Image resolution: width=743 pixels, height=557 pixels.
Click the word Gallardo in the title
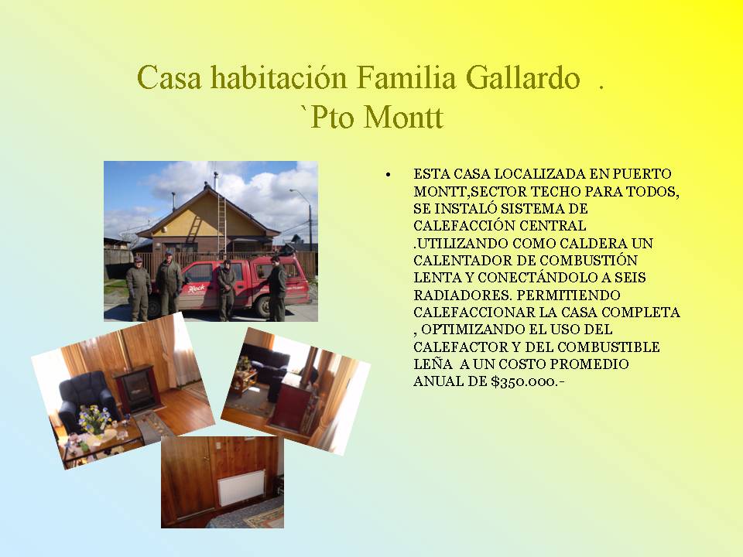click(x=522, y=77)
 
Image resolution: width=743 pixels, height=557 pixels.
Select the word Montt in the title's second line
click(x=403, y=117)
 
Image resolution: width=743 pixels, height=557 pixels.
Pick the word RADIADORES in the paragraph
click(x=462, y=295)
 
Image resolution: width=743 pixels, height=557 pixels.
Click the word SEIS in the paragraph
click(x=628, y=278)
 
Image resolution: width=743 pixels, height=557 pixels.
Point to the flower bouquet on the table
click(x=95, y=419)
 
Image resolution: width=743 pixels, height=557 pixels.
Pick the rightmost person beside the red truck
click(x=276, y=289)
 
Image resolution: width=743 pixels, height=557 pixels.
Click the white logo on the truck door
click(x=196, y=288)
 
